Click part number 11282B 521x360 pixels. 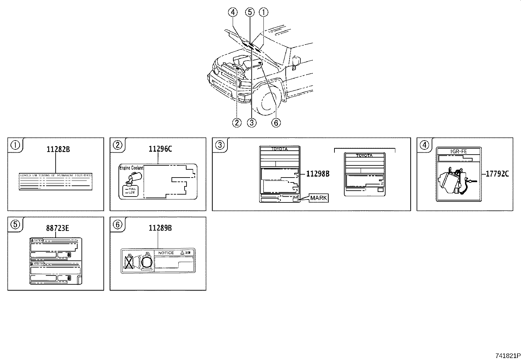(58, 149)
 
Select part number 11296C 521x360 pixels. (160, 149)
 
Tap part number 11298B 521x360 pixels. (317, 174)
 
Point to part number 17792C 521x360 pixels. (497, 174)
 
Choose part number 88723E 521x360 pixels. (57, 228)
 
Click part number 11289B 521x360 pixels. (160, 228)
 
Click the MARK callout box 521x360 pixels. (318, 198)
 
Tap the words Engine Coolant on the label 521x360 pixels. (131, 168)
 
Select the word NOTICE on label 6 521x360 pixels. (166, 253)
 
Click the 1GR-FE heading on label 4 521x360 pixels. (459, 151)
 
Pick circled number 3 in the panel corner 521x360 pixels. (220, 145)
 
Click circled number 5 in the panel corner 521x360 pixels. (15, 224)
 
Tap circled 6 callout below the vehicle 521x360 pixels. (276, 123)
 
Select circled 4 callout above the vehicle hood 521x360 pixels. (232, 12)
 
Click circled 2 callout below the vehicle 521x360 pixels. (237, 123)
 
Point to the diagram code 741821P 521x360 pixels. (508, 355)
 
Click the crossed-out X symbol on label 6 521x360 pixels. (129, 262)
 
